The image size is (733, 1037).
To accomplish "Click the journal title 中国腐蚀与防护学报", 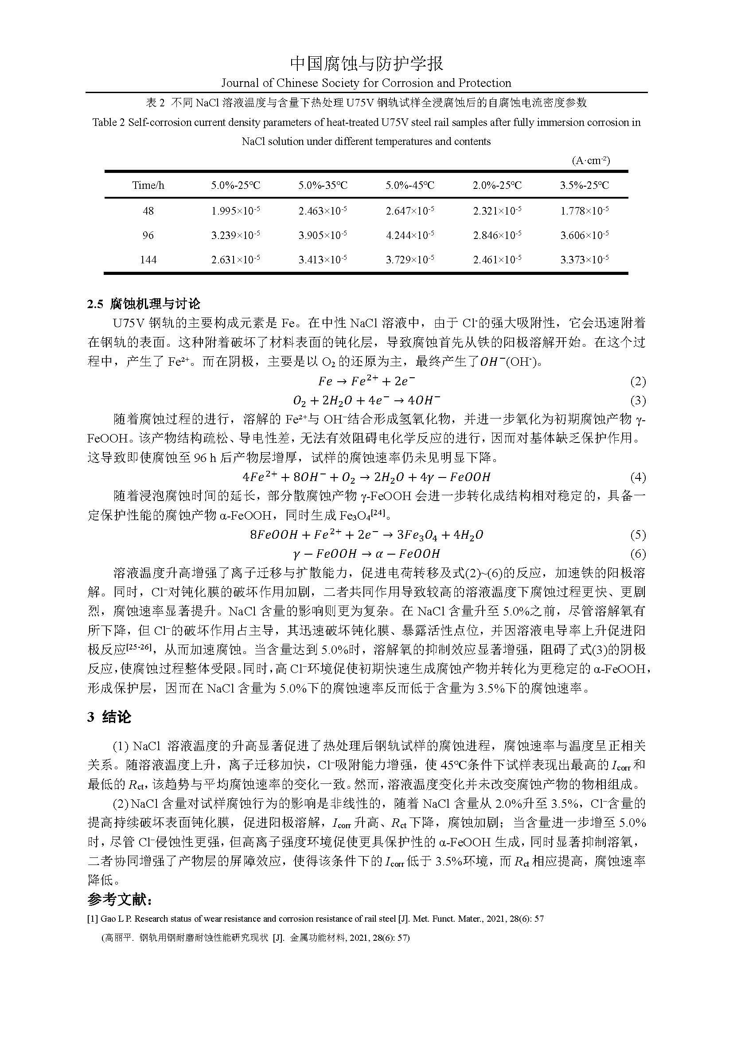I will (366, 64).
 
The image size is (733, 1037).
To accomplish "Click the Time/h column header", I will (148, 185).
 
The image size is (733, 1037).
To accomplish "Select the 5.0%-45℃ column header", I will (410, 185).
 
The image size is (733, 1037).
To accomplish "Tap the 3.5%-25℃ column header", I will (585, 185).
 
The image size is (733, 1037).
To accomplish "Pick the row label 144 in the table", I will (148, 260).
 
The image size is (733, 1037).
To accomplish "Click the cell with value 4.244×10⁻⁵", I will (410, 235).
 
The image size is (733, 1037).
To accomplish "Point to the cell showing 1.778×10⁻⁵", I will (585, 211).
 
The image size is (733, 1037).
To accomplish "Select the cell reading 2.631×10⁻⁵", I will (236, 260).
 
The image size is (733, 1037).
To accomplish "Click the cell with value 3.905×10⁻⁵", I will (323, 235).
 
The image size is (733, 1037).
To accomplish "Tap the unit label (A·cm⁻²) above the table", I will (591, 160).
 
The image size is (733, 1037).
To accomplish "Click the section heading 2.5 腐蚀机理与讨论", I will (144, 304).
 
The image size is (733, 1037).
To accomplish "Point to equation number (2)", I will (638, 382).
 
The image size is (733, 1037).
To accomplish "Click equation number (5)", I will (638, 535).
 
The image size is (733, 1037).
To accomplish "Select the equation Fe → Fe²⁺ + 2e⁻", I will (366, 381).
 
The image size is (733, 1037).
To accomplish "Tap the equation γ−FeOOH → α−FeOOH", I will (366, 554).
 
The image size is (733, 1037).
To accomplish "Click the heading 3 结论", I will (109, 717).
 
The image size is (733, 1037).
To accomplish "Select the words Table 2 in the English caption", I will (108, 122).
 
